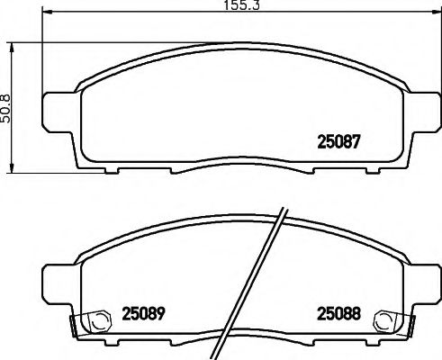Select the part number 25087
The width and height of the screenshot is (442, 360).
[x=340, y=140]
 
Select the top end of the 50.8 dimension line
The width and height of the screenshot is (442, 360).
[x=13, y=41]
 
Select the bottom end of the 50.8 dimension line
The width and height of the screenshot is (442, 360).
[x=13, y=172]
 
